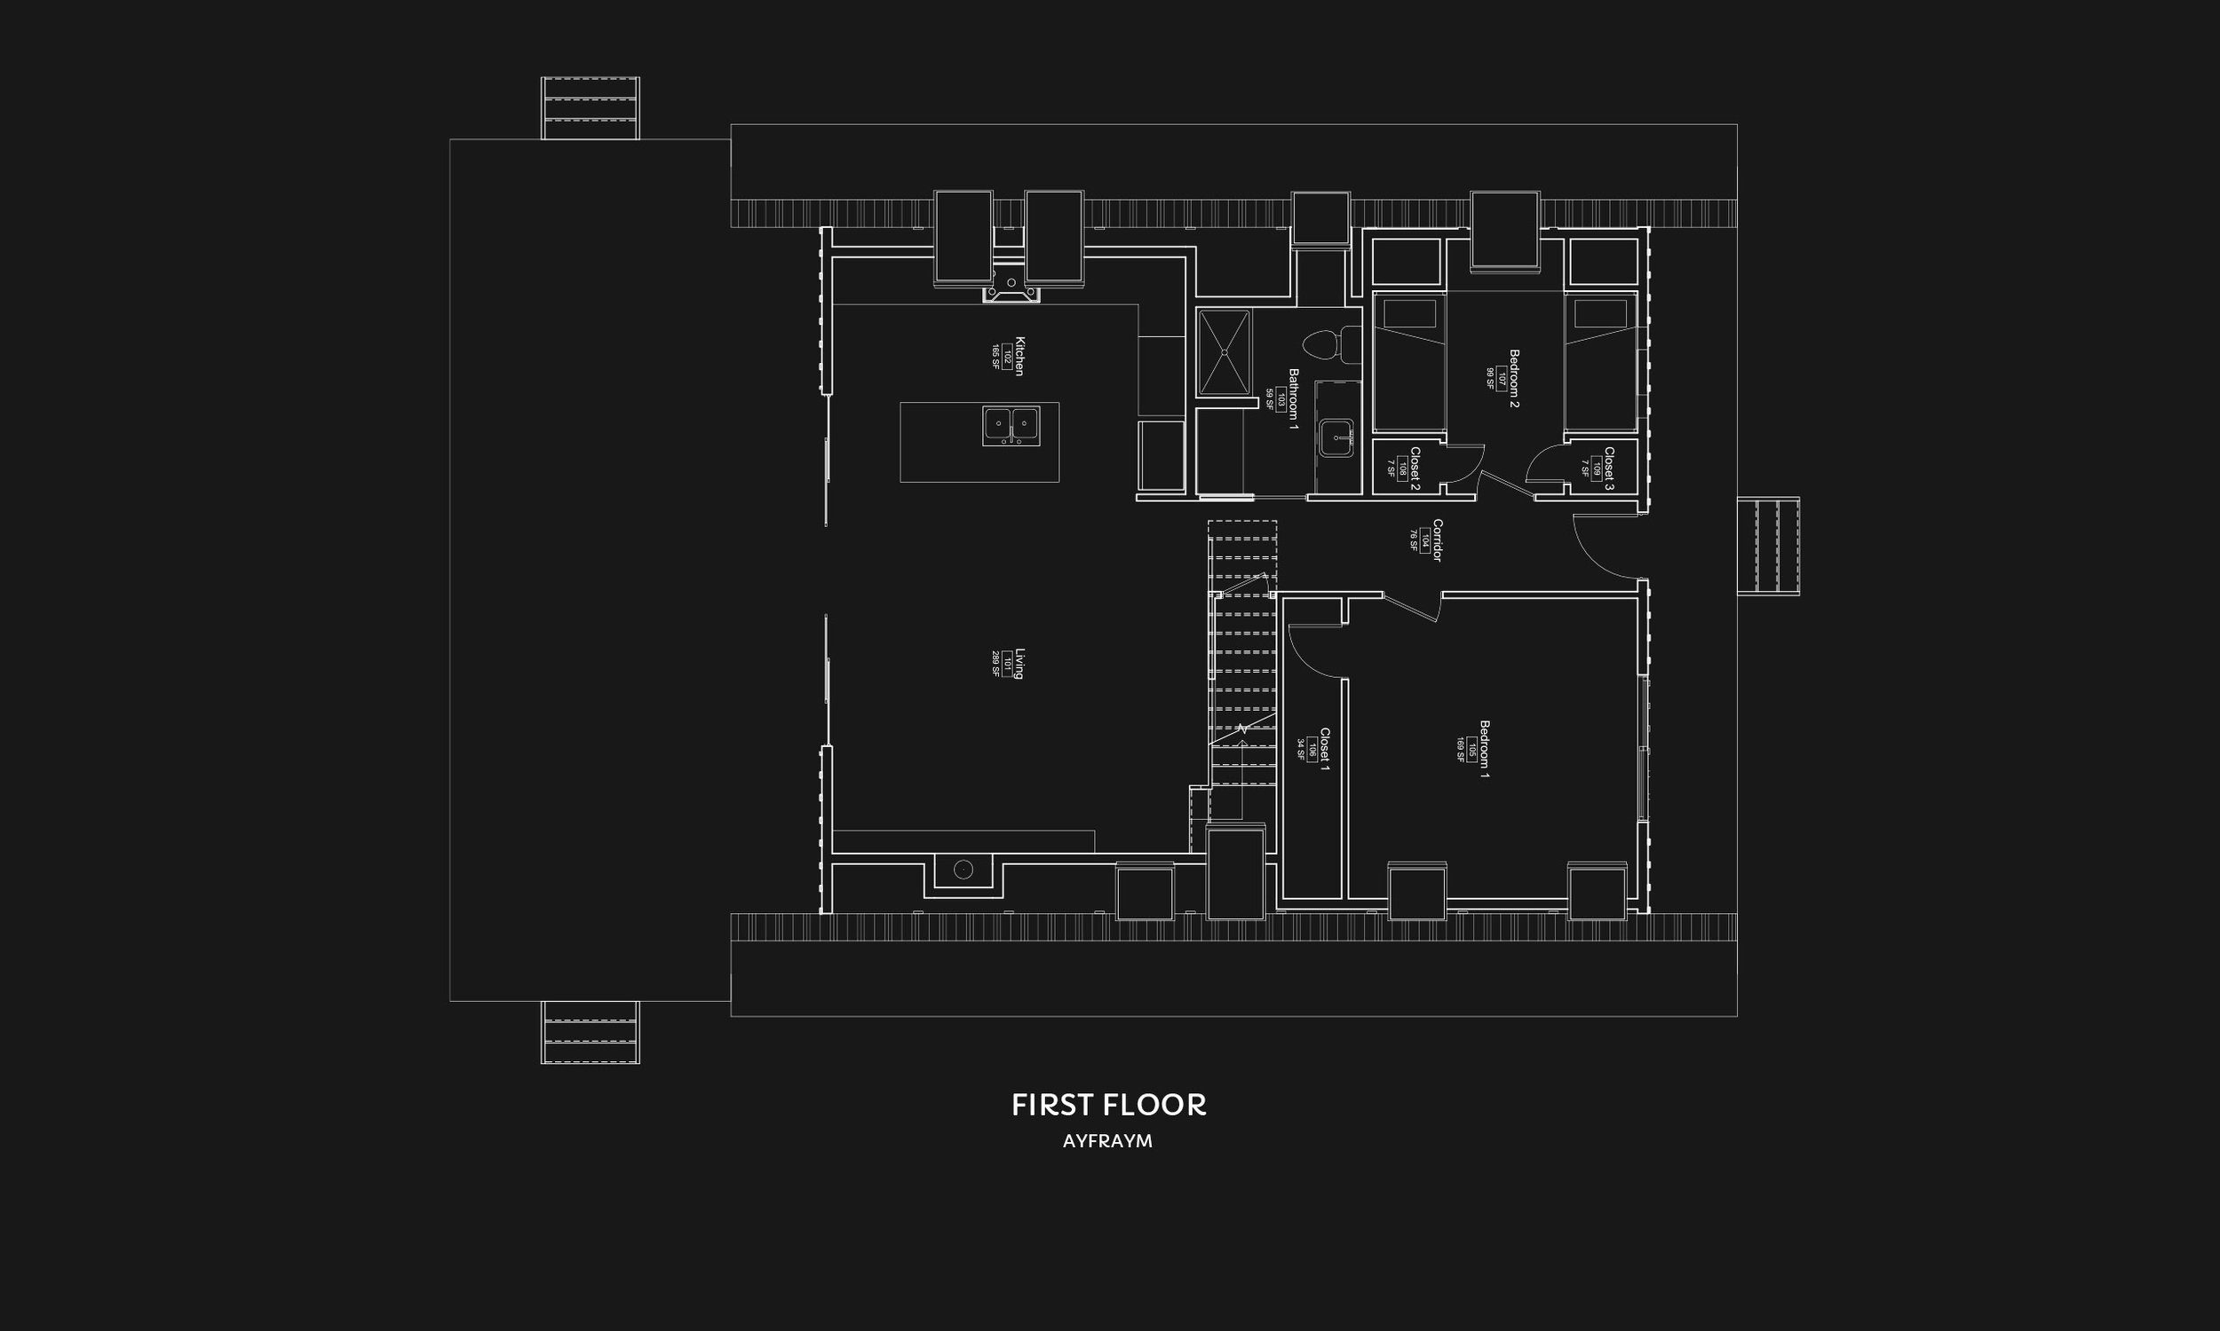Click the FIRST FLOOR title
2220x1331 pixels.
tap(1108, 1105)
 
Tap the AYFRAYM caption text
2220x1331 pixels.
tap(1107, 1142)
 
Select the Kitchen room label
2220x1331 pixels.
tap(1019, 356)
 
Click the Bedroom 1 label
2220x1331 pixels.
tap(1483, 748)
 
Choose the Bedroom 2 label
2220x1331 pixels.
tap(1513, 378)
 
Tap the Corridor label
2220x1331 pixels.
tap(1437, 539)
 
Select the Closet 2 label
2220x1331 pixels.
tap(1415, 469)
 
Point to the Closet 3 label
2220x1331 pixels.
tap(1608, 469)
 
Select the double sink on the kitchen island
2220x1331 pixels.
tap(1011, 425)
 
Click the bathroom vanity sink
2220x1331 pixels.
tap(1338, 437)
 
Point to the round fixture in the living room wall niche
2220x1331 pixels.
tap(963, 869)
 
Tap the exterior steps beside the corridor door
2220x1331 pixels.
tap(1768, 546)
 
